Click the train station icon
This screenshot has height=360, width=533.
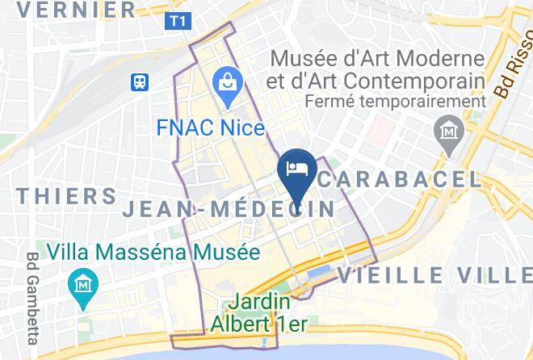pos(141,81)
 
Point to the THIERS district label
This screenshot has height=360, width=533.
pos(66,196)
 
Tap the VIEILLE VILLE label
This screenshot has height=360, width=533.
pos(435,275)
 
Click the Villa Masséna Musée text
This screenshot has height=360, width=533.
pos(153,252)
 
